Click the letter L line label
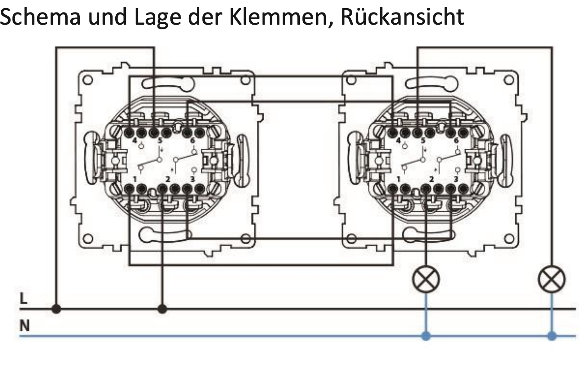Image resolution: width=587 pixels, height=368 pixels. [24, 299]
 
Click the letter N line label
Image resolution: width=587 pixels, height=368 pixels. [25, 326]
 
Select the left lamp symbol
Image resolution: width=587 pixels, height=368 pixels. [426, 280]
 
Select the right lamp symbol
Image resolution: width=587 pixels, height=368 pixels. [551, 280]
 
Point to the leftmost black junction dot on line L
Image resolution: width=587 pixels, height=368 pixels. [57, 309]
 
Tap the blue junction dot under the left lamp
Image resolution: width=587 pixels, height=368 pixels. [426, 336]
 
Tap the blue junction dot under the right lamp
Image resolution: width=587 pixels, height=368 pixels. [551, 336]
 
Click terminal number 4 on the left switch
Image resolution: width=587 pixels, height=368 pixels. [135, 141]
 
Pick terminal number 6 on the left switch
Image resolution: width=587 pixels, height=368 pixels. [192, 141]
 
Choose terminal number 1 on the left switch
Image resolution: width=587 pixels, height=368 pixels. [134, 179]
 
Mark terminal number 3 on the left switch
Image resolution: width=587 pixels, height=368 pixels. [192, 179]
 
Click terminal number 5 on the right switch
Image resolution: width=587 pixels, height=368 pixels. [422, 141]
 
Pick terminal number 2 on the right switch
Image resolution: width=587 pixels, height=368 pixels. [431, 179]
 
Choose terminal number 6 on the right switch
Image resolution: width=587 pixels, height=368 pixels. [456, 141]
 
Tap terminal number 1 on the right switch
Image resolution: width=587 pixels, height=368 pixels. [398, 179]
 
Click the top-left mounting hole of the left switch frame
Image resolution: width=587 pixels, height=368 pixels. [88, 80]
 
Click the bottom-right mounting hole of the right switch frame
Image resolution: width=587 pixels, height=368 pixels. [508, 238]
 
